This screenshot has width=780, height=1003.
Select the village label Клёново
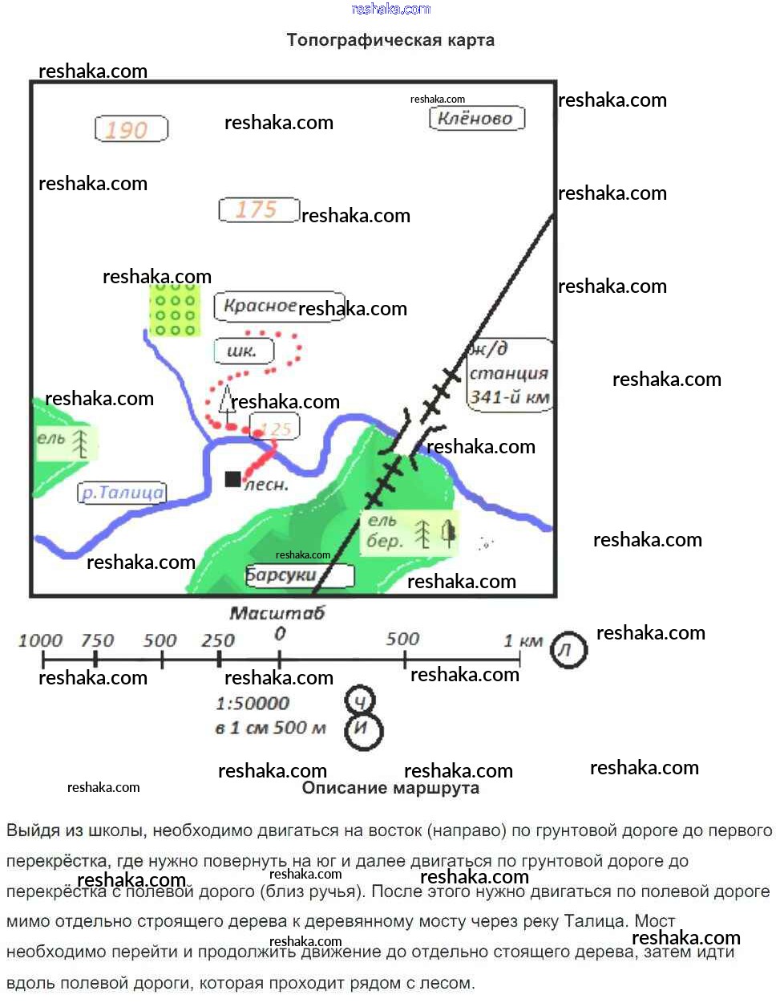pos(477,119)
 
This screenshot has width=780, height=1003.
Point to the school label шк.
pos(243,351)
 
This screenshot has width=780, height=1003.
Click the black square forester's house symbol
pos(232,479)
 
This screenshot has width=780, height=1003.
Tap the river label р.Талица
pos(122,493)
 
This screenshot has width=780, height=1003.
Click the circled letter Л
pos(568,649)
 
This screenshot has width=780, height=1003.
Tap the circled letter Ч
pos(360,702)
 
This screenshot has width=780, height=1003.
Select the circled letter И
pos(363,730)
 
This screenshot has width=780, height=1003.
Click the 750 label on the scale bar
pos(97,640)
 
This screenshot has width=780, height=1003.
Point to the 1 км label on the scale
pos(523,640)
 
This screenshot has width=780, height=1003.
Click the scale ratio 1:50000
pos(252,704)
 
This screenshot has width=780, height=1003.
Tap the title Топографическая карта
pos(390,40)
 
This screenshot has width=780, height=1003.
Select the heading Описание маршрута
pos(390,788)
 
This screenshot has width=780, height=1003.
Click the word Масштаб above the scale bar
pos(277,614)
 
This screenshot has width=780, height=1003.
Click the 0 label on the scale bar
pos(279,634)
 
